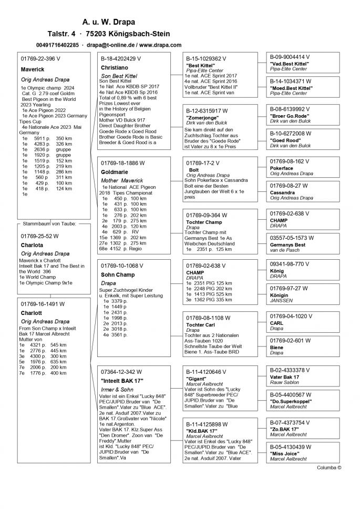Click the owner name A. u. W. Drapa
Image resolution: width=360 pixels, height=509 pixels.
[x=108, y=22]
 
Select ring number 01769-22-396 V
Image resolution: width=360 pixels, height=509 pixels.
[x=40, y=59]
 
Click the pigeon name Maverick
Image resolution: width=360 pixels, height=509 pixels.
[x=33, y=69]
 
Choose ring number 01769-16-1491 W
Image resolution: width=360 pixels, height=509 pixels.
[x=43, y=304]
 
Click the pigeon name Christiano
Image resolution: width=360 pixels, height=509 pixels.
[x=115, y=68]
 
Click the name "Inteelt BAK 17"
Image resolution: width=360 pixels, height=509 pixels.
[x=122, y=380]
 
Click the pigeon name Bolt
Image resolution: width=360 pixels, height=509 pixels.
[x=194, y=170]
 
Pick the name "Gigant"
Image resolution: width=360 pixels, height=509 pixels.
[x=197, y=378]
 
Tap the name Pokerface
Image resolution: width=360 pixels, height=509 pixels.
[x=282, y=169]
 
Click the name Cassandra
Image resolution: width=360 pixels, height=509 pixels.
[x=283, y=192]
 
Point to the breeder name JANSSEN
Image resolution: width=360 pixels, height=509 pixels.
[x=282, y=300]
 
